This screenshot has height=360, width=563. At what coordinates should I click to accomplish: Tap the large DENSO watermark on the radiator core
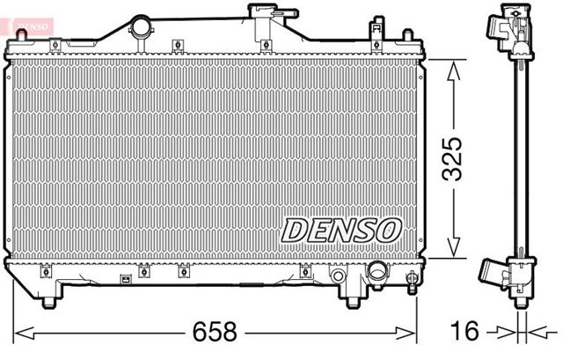click(341, 231)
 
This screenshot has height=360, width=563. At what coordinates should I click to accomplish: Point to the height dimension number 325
click(451, 158)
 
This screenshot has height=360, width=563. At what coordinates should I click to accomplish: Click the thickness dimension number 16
click(465, 332)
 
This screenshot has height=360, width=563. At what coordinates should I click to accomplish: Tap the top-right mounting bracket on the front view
click(406, 37)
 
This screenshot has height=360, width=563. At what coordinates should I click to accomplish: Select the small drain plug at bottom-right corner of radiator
click(411, 281)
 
